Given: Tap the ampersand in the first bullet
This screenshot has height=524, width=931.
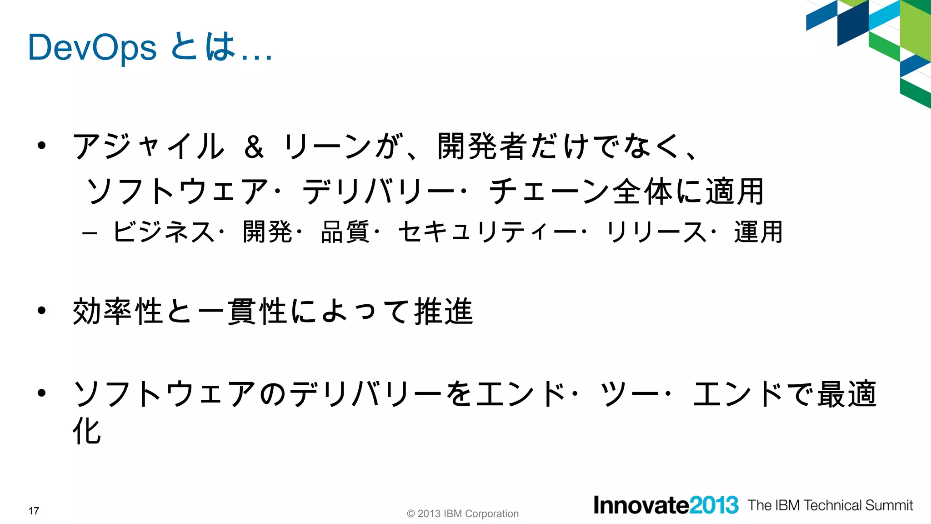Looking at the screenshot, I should click(254, 147).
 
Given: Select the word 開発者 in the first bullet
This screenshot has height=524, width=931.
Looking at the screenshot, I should click(483, 146).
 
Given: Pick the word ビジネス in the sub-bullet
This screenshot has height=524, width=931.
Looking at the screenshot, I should click(164, 232).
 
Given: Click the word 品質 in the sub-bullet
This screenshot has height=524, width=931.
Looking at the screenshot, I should click(345, 232).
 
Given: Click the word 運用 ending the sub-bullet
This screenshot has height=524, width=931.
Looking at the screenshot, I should click(758, 232).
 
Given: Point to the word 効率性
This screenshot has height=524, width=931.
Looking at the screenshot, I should click(118, 312).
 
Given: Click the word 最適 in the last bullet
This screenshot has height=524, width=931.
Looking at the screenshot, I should click(846, 394).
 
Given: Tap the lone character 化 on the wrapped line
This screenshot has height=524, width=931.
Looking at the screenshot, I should click(87, 431).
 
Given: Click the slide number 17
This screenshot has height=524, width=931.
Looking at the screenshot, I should click(34, 511).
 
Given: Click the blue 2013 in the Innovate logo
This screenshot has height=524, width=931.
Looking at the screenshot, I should click(714, 505).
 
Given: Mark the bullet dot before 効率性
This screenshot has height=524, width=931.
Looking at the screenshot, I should click(42, 311).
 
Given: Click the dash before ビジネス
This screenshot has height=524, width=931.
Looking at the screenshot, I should click(90, 233).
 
